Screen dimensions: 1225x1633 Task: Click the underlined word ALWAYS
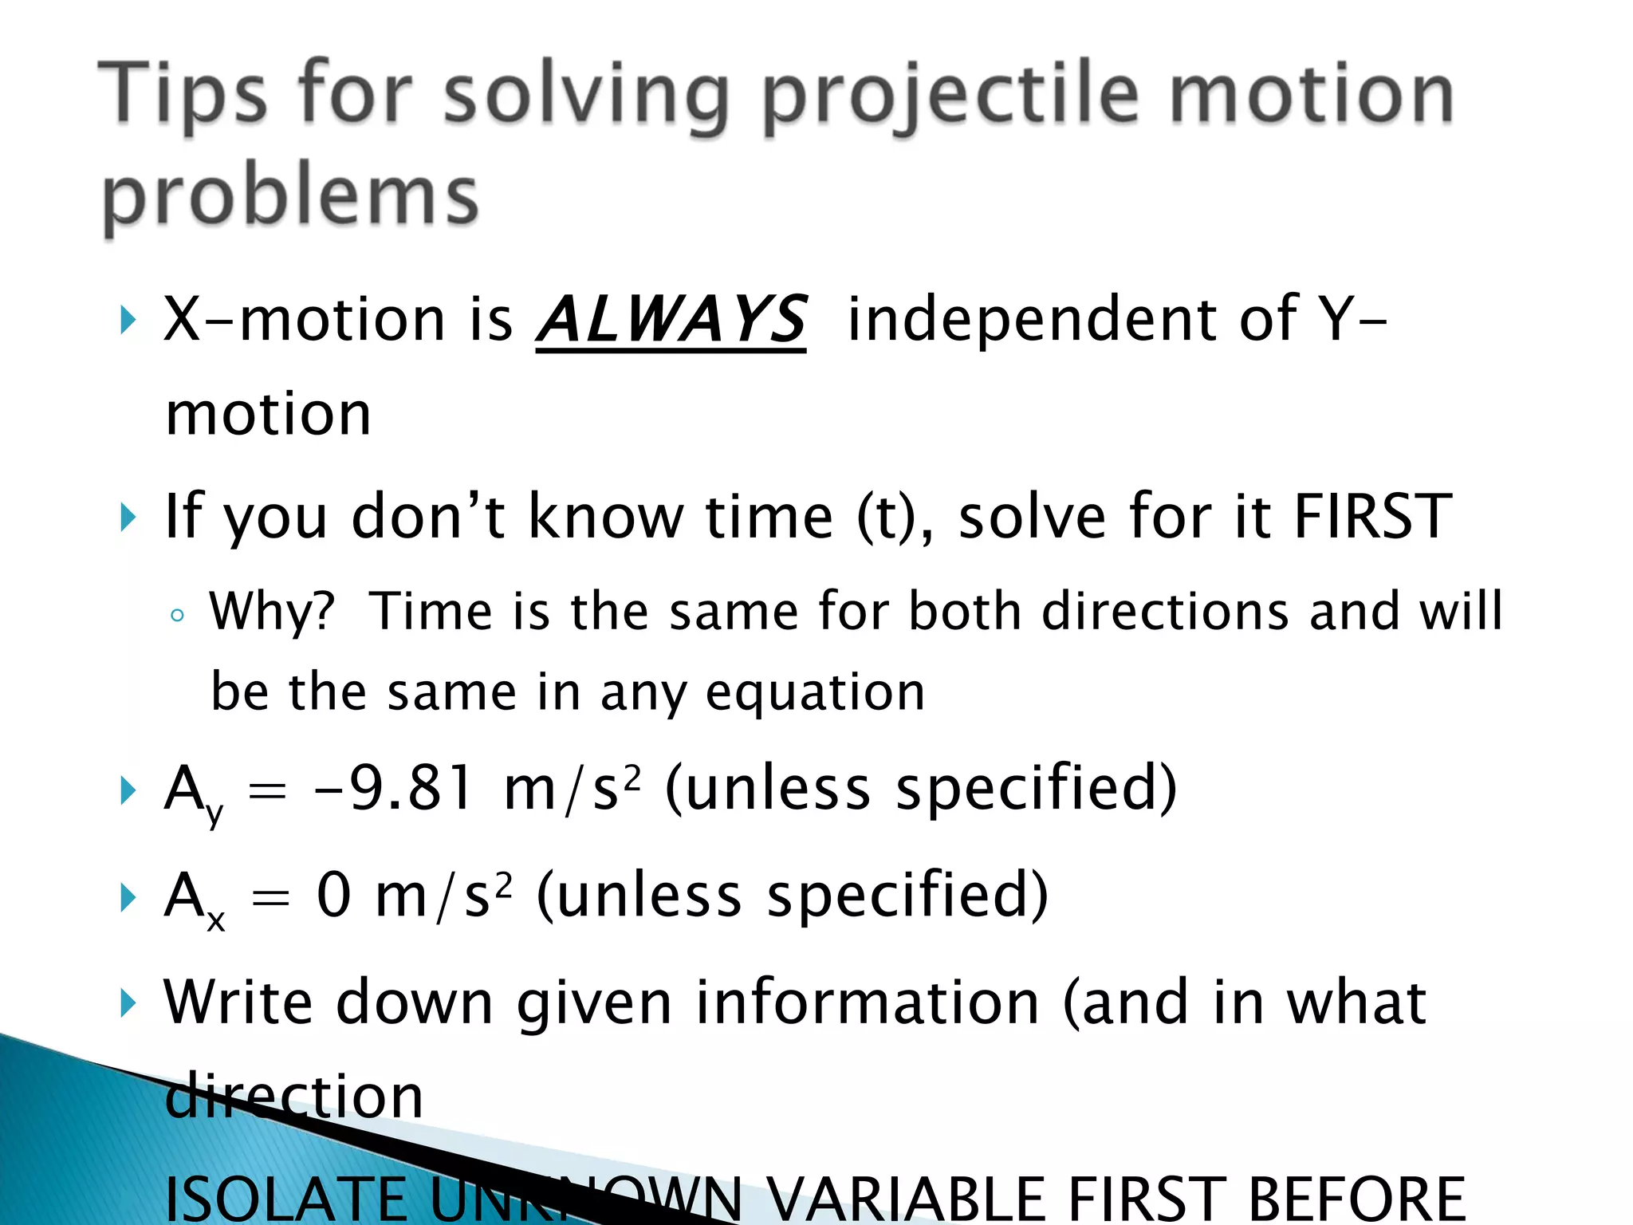(x=671, y=321)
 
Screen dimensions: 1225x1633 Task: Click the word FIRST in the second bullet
(x=1371, y=517)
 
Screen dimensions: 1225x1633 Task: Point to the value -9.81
(x=395, y=788)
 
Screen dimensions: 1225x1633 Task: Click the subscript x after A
(x=215, y=922)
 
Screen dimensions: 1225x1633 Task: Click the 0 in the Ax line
(x=333, y=895)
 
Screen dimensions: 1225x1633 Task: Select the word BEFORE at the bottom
(x=1356, y=1199)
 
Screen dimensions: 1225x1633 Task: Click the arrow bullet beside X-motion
(x=128, y=321)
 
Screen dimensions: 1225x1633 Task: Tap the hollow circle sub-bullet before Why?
(x=177, y=615)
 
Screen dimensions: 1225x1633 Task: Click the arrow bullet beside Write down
(x=128, y=1003)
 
